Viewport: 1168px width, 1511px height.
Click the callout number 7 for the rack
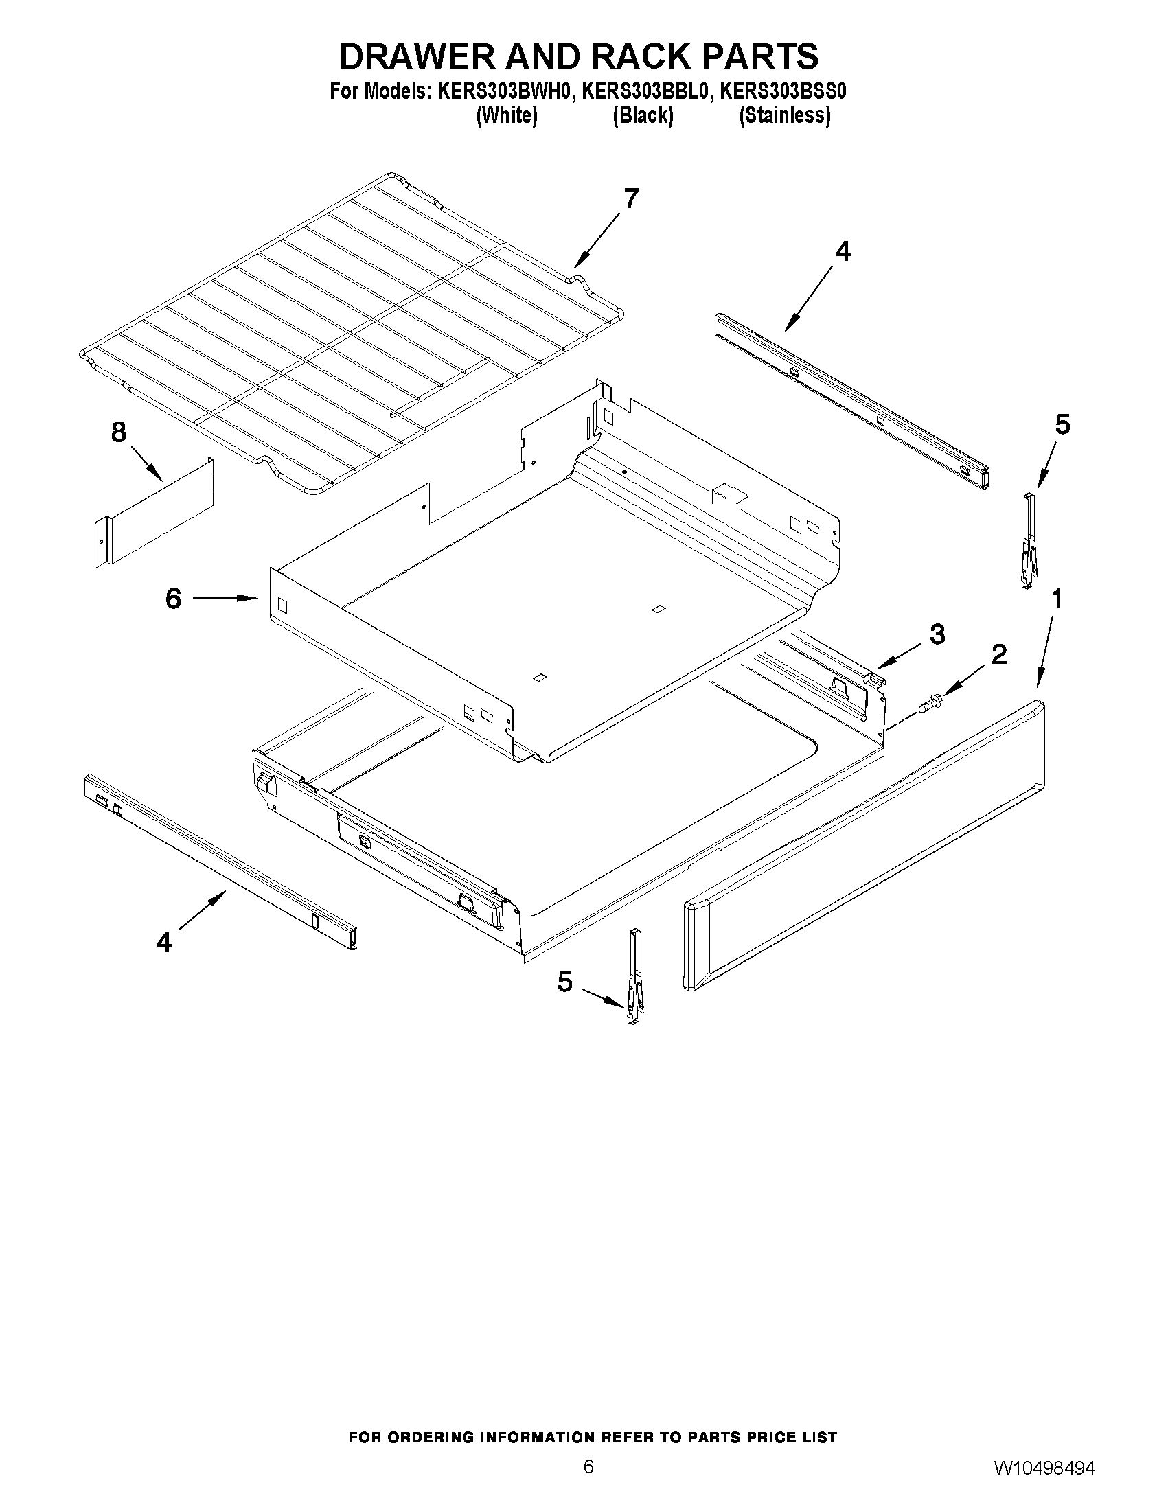coord(630,198)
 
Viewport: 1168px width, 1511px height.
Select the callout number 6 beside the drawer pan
coord(173,598)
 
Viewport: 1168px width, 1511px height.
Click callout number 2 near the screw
coord(998,654)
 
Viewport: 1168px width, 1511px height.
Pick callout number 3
coord(937,634)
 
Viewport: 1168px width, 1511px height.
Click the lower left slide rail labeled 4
coord(220,862)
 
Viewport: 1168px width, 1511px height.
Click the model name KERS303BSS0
coord(783,91)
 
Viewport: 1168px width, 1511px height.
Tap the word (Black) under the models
coord(643,115)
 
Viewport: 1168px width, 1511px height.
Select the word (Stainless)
coord(785,115)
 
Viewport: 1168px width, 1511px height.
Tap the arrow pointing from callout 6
coord(225,598)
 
